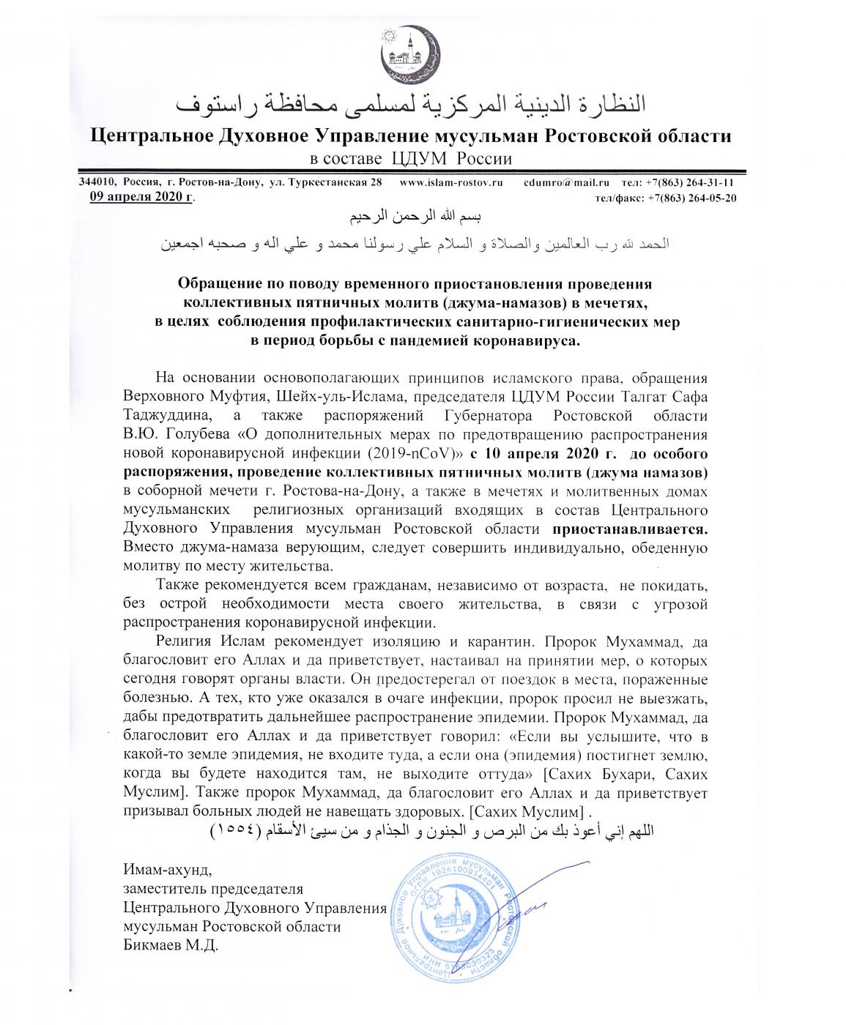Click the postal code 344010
pyautogui.click(x=96, y=182)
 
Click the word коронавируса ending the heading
pyautogui.click(x=529, y=340)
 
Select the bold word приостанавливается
pyautogui.click(x=631, y=528)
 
